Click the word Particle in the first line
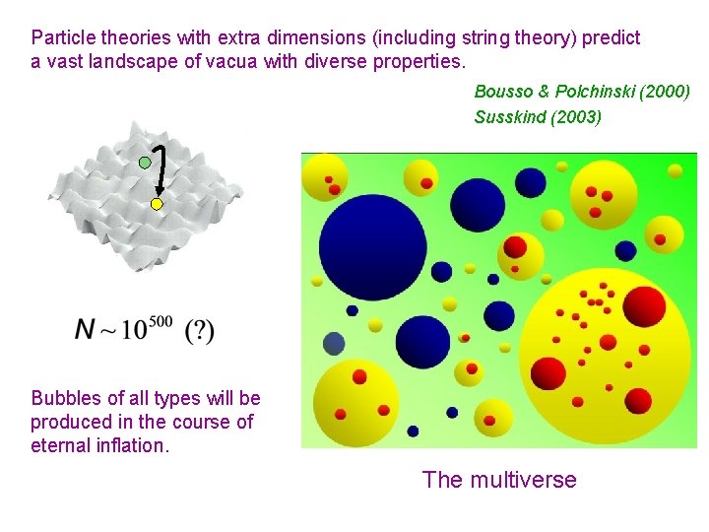coord(63,38)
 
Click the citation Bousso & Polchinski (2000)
coord(582,92)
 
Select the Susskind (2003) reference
coord(538,117)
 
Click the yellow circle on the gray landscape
coord(156,204)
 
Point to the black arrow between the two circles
coord(161,172)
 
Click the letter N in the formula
coord(85,330)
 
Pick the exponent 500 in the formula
coord(161,322)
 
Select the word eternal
coord(60,445)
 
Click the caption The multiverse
coord(499,480)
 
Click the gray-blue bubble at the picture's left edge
coord(334,344)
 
